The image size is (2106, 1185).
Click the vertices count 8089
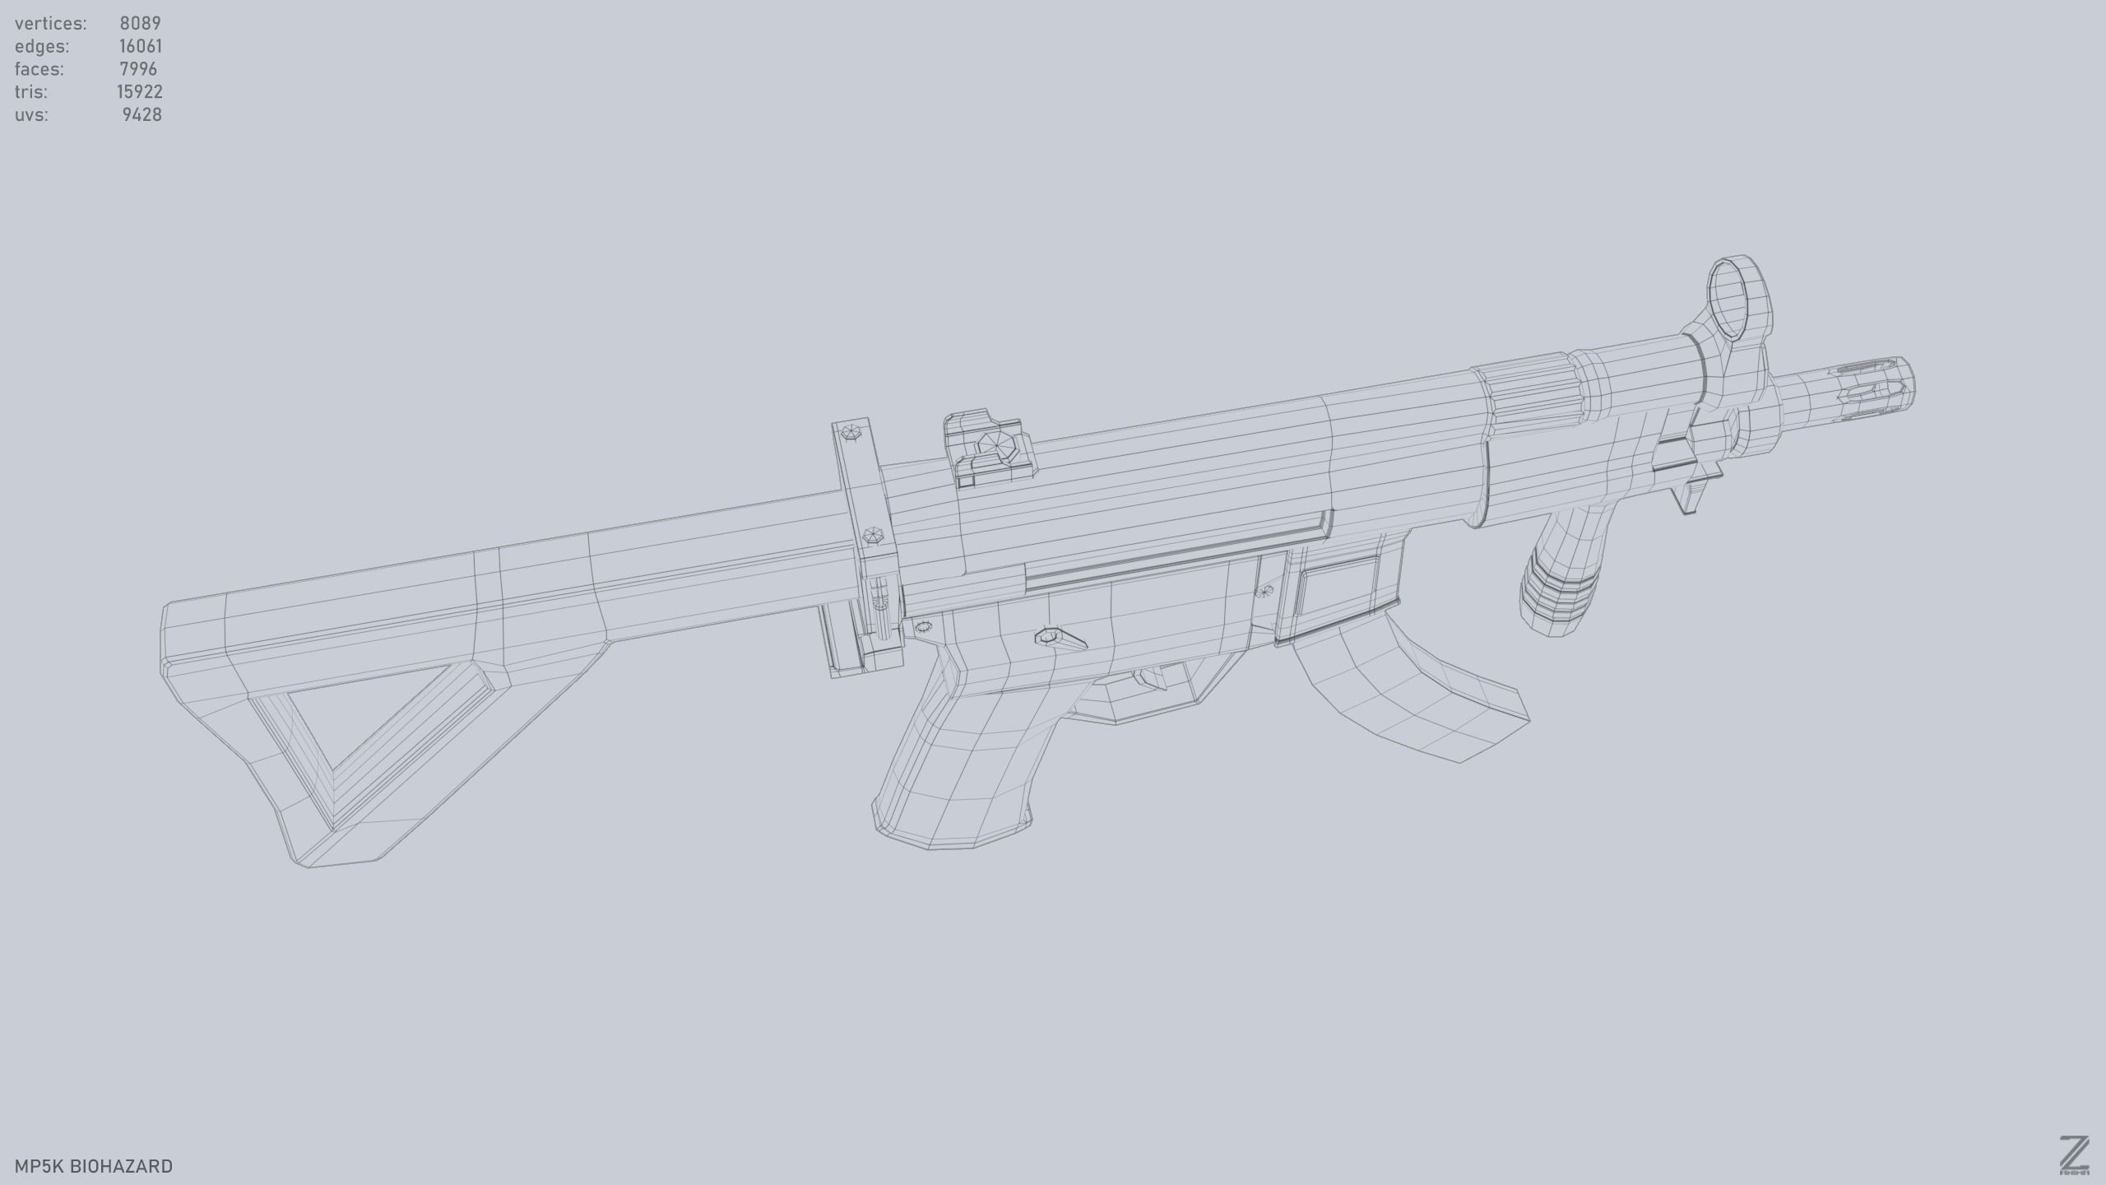[x=140, y=23]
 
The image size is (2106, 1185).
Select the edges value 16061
[x=140, y=46]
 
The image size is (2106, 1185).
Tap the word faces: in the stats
[x=39, y=69]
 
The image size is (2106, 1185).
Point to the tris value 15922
[x=139, y=92]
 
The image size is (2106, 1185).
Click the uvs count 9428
[x=141, y=115]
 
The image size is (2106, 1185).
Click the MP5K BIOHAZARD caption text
[x=94, y=1166]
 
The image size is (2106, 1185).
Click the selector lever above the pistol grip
[x=1061, y=639]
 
